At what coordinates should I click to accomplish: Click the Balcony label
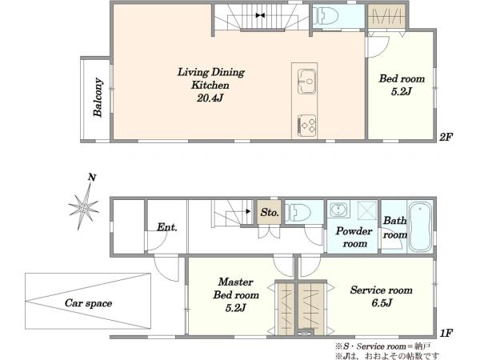click(x=98, y=98)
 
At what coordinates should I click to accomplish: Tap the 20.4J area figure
click(x=210, y=98)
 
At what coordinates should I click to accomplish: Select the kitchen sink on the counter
click(x=306, y=82)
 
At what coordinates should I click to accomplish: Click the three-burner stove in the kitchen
click(x=306, y=126)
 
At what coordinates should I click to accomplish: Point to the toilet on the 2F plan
click(x=327, y=16)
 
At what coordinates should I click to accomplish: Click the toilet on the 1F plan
click(x=298, y=213)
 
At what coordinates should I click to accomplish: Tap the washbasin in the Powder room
click(x=339, y=210)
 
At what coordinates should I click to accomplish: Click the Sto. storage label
click(x=270, y=212)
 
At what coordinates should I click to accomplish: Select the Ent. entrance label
click(x=167, y=227)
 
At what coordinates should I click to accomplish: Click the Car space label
click(x=88, y=303)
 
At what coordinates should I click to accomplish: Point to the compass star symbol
click(x=83, y=207)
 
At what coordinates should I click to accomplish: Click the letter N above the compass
click(x=92, y=178)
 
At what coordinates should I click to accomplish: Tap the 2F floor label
click(x=446, y=137)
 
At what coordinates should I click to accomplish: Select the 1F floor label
click(x=446, y=333)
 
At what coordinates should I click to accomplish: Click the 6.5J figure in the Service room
click(x=382, y=302)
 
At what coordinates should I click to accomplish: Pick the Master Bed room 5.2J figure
click(x=235, y=308)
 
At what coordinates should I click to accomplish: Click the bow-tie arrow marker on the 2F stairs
click(x=260, y=15)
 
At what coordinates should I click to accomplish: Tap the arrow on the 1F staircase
click(x=248, y=211)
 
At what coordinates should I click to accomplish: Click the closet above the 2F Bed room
click(x=386, y=16)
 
